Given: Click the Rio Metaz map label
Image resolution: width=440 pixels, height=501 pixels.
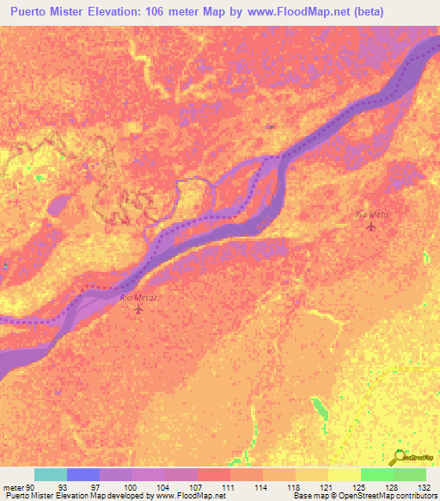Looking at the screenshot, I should (x=140, y=297).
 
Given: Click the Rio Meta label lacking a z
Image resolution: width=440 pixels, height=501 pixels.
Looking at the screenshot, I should (x=371, y=214).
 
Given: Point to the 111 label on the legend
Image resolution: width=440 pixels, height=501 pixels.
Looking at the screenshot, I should (x=229, y=486).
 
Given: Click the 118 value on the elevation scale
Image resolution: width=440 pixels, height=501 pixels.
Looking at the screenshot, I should (x=295, y=486).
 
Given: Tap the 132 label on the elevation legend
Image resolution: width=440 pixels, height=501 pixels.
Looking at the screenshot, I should (x=425, y=486).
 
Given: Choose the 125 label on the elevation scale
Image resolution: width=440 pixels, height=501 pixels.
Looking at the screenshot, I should (x=360, y=486).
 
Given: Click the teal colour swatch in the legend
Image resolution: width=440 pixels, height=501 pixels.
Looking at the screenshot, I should (x=50, y=474).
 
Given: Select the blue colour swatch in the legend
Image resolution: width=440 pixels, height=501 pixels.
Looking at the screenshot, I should (x=82, y=474).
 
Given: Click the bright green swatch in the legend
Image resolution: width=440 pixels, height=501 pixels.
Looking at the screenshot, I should (x=376, y=474).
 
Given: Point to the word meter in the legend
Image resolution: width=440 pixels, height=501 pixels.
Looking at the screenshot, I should (x=13, y=486).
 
